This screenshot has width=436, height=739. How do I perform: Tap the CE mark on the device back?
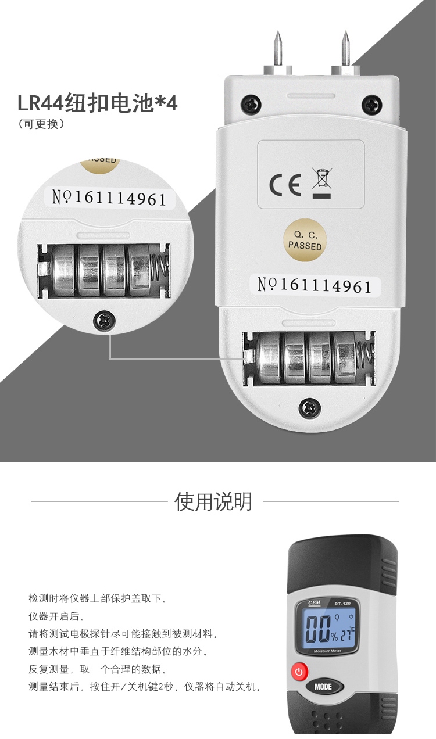coord(285,185)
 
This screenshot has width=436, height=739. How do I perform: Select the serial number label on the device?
coord(314,285)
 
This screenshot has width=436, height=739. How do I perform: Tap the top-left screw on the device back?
coord(251,105)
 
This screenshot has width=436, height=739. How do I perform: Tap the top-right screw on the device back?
coord(371,105)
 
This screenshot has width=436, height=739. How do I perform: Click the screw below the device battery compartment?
coord(309,408)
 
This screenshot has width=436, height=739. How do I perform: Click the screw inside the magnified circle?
coord(105,320)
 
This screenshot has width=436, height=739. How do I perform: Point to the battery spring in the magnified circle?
coord(159,270)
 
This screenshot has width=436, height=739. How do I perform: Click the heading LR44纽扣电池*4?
coord(97,104)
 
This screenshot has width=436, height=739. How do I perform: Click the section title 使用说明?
coord(214,501)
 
